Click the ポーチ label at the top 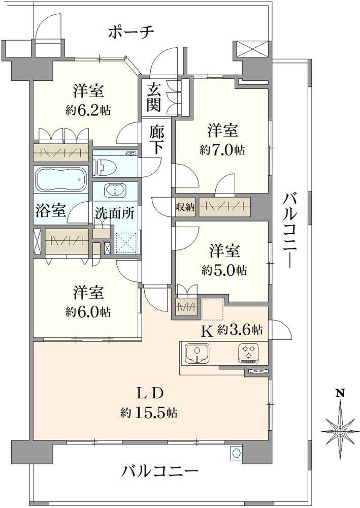131,33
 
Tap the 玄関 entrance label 153,97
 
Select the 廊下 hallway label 157,140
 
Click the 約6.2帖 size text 88,110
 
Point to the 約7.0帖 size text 222,150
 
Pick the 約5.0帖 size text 224,270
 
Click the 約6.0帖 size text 88,312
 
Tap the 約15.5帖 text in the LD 149,412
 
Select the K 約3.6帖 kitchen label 232,330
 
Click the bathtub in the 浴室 61,179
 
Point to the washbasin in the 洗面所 115,190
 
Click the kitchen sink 197,354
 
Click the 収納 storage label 185,207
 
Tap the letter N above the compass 340,393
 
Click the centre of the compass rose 340,431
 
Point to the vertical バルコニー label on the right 288,230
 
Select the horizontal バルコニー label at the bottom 159,470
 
